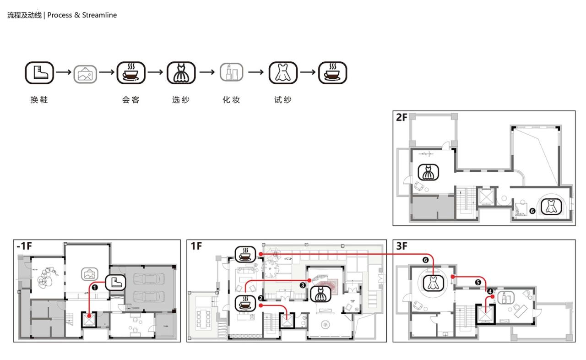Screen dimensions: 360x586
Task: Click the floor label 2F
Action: (402, 118)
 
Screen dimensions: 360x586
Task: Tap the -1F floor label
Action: (24, 246)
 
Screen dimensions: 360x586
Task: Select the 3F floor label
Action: (402, 246)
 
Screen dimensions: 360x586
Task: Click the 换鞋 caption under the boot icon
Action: (39, 100)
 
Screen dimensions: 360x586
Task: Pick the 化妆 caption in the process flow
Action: (231, 100)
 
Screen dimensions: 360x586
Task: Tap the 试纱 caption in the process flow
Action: (282, 100)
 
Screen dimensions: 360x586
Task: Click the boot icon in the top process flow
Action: (39, 73)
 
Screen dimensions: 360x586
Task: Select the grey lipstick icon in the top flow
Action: (232, 73)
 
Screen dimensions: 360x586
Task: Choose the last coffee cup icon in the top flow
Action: (333, 73)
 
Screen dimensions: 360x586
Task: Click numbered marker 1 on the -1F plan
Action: (95, 287)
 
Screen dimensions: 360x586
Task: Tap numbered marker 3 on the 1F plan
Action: (303, 285)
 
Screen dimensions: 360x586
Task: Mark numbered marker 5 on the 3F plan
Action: (478, 283)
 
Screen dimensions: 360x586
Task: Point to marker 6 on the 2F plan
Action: (532, 211)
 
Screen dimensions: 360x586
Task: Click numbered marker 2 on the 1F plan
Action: (260, 298)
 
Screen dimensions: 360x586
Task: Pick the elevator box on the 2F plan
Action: (485, 197)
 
